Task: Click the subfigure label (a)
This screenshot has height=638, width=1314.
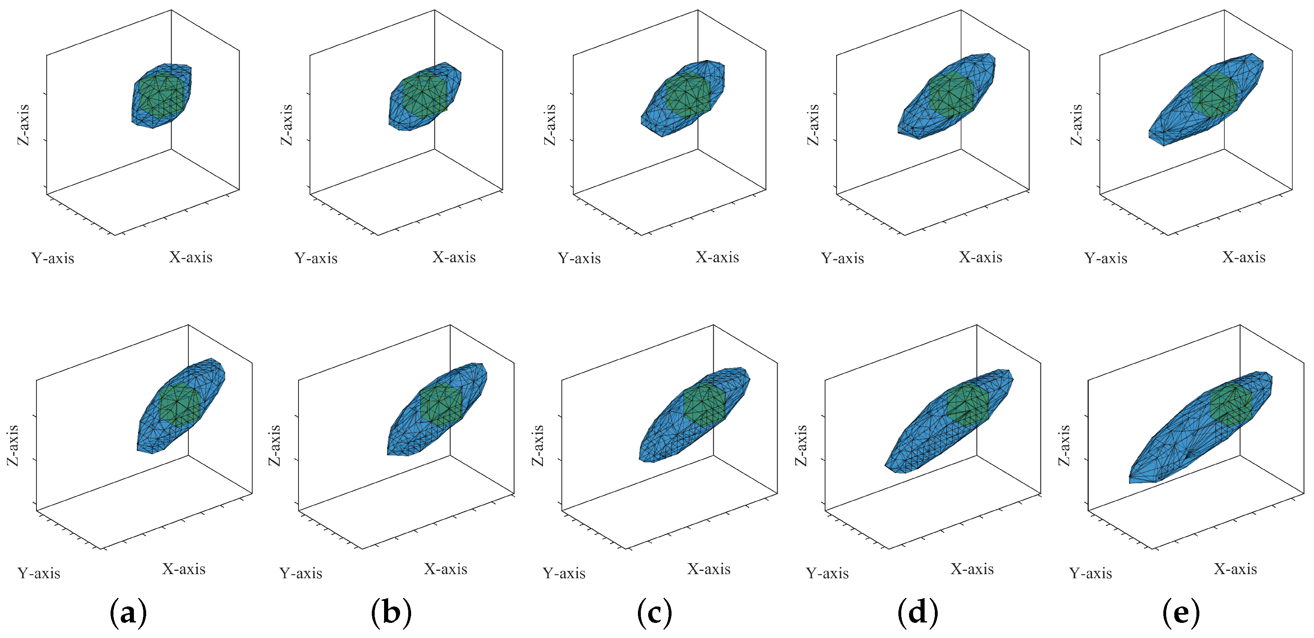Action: [128, 613]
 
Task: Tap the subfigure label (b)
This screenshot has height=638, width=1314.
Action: [391, 613]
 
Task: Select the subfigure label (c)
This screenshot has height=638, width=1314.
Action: [654, 613]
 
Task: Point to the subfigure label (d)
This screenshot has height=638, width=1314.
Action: [918, 613]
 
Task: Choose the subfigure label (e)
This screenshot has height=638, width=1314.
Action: [1181, 613]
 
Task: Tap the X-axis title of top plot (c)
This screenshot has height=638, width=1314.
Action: [717, 257]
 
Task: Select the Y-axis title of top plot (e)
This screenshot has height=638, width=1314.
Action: [1106, 259]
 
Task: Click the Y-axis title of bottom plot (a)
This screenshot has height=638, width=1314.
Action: [39, 574]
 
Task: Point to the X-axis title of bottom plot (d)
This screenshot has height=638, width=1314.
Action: [972, 569]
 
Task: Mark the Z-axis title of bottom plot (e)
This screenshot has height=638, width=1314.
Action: [1063, 445]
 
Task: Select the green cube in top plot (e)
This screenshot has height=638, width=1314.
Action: [1214, 93]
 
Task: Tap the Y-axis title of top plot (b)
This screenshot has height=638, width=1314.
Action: [316, 259]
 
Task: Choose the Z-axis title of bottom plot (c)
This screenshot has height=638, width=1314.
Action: [538, 445]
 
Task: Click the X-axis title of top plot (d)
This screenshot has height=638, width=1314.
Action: [980, 257]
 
